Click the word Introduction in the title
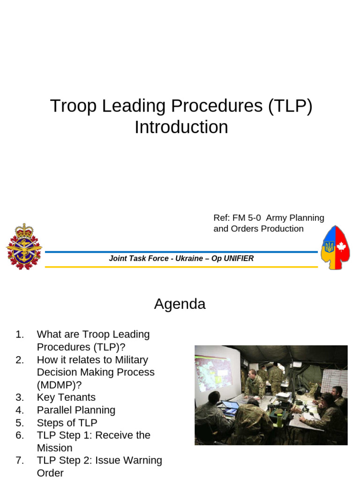click(181, 127)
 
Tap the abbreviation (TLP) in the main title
click(290, 106)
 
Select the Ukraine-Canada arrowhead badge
click(335, 247)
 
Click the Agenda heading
click(180, 304)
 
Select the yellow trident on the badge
click(329, 247)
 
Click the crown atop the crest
click(23, 230)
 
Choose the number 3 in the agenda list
click(19, 397)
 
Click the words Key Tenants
click(66, 397)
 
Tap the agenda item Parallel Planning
click(76, 410)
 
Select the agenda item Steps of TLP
click(67, 423)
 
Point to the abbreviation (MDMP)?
click(59, 385)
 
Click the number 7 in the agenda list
click(19, 460)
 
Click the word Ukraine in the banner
click(188, 258)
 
